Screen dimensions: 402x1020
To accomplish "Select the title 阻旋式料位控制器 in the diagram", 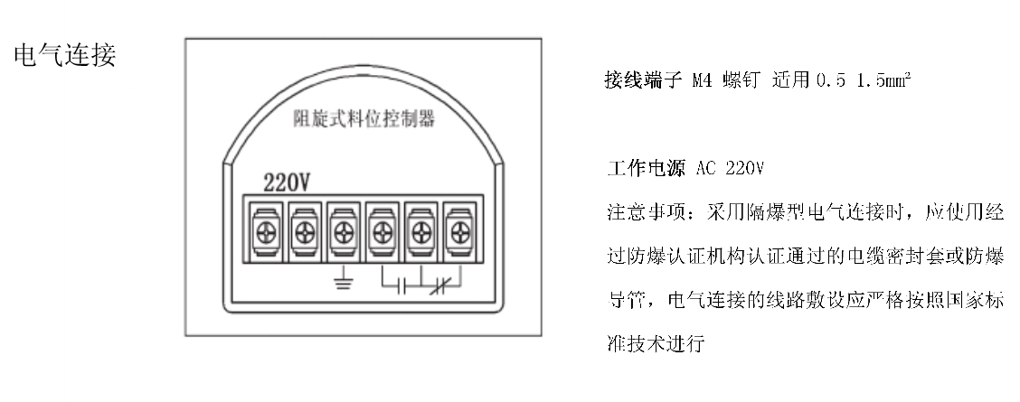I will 364,119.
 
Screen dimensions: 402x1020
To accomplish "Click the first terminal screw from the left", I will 264,230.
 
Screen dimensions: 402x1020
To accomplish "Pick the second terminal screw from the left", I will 303,230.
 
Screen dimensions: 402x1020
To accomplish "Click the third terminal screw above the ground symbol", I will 343,230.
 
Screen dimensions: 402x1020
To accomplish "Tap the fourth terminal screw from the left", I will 382,230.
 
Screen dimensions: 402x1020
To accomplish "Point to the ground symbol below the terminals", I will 344,283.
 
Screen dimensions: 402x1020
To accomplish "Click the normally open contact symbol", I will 402,288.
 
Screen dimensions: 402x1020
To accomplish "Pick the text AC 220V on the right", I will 729,169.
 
